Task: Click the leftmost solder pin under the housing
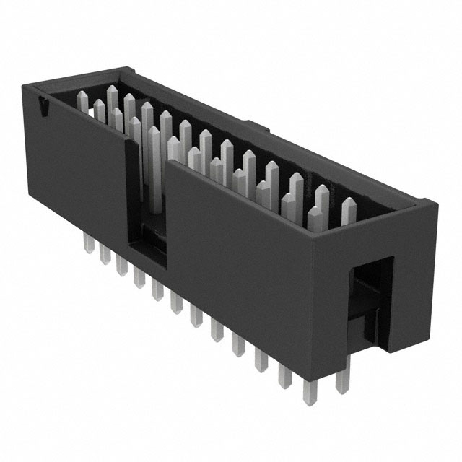coord(88,242)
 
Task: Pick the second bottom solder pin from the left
coord(103,256)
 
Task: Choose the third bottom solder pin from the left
coord(120,268)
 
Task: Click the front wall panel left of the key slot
coord(79,173)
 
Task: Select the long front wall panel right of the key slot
coord(238,267)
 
